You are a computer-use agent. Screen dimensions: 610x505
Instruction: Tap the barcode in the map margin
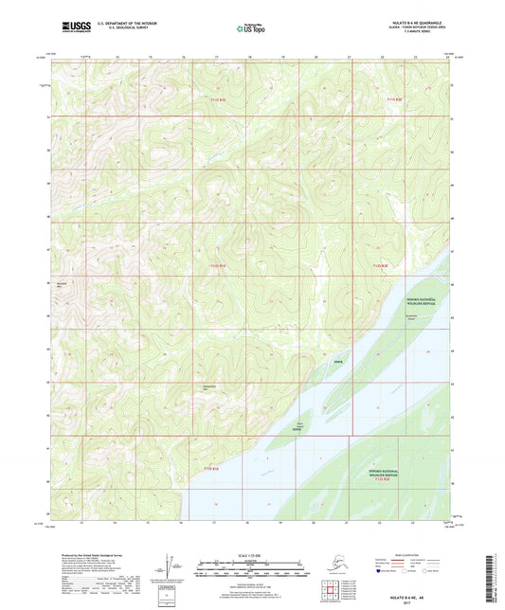496,579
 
